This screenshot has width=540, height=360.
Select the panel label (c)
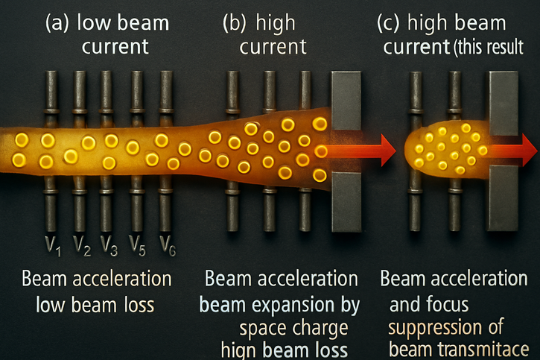click(x=391, y=23)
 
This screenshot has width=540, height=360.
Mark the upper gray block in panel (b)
click(x=346, y=100)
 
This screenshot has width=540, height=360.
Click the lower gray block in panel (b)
click(x=346, y=201)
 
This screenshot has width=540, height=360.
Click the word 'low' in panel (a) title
click(x=94, y=23)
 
